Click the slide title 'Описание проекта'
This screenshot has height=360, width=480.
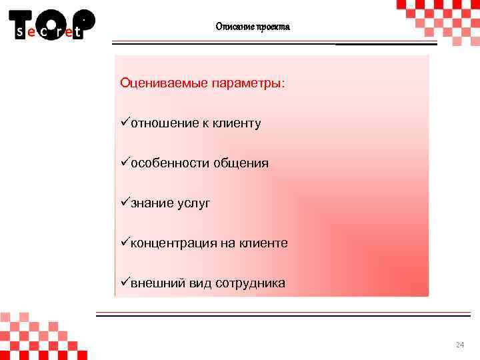click(x=253, y=27)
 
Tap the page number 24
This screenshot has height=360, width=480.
click(x=459, y=345)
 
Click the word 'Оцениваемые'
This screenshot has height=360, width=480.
click(x=163, y=83)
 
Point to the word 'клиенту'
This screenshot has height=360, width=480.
click(x=237, y=123)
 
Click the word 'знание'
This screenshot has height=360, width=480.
click(x=151, y=203)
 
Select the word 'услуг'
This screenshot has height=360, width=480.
click(x=193, y=203)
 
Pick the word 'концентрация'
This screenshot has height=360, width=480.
click(x=173, y=243)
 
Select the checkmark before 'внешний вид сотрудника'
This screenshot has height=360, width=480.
click(x=125, y=283)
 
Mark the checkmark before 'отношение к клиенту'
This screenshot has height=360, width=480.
click(x=125, y=123)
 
